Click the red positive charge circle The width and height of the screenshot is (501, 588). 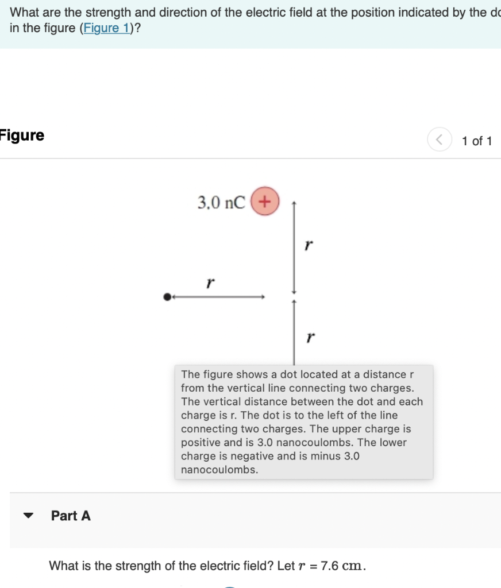click(264, 202)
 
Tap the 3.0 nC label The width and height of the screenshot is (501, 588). click(221, 203)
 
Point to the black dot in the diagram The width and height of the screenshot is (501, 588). click(167, 297)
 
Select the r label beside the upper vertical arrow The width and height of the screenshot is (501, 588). click(309, 245)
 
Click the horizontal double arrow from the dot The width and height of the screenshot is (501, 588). click(218, 297)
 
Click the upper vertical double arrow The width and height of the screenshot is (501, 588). click(294, 247)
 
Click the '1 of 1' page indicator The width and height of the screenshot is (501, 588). click(477, 141)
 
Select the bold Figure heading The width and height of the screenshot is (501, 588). click(22, 136)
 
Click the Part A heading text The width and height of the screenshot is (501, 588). click(71, 516)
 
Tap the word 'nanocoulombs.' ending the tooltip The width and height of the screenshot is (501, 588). click(219, 470)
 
